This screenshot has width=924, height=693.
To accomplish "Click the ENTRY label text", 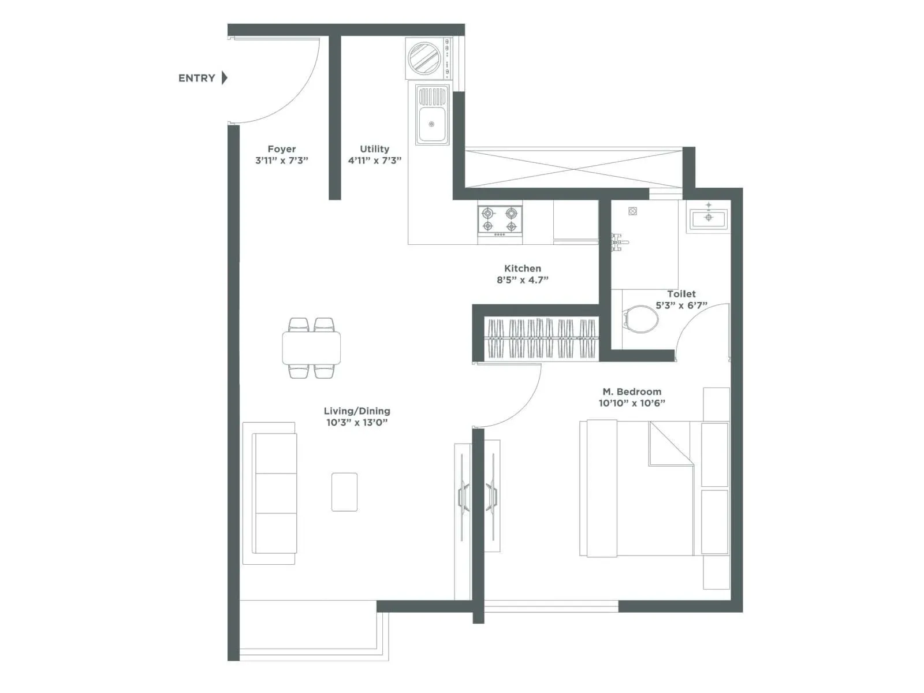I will click(196, 78).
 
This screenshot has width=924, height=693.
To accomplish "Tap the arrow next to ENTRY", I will click(225, 77).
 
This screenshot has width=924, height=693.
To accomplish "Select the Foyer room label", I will click(282, 149).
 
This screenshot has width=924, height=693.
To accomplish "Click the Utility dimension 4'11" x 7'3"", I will click(374, 161).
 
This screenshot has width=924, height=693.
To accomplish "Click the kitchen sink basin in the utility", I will click(432, 124).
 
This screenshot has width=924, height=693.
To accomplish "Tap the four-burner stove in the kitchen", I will click(500, 220).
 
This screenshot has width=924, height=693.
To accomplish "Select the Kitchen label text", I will click(523, 269).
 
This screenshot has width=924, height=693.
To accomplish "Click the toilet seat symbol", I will click(640, 319).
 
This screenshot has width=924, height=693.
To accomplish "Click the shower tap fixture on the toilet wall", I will click(619, 241).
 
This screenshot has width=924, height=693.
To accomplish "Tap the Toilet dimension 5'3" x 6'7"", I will click(681, 305).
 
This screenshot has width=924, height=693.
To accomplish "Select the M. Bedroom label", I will click(632, 392).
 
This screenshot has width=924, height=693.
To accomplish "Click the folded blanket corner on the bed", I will click(670, 444).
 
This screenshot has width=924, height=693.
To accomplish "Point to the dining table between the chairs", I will click(311, 348).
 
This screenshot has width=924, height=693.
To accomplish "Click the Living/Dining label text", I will click(357, 411).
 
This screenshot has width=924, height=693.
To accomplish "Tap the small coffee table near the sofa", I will click(344, 492).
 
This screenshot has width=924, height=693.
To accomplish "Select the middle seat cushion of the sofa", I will click(276, 493).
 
